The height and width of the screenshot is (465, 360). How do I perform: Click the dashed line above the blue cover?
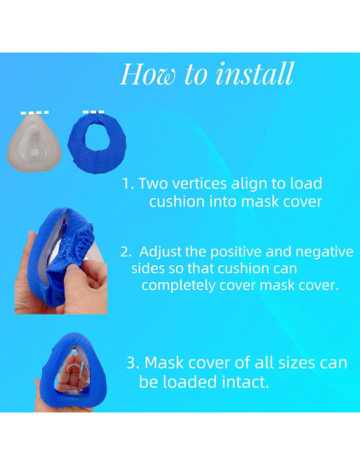coord(94,111)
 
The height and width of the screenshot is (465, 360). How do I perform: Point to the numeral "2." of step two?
coord(126,252)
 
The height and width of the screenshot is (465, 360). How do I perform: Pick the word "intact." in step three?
coord(242,382)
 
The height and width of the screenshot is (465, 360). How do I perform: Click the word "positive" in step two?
coord(241,252)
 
